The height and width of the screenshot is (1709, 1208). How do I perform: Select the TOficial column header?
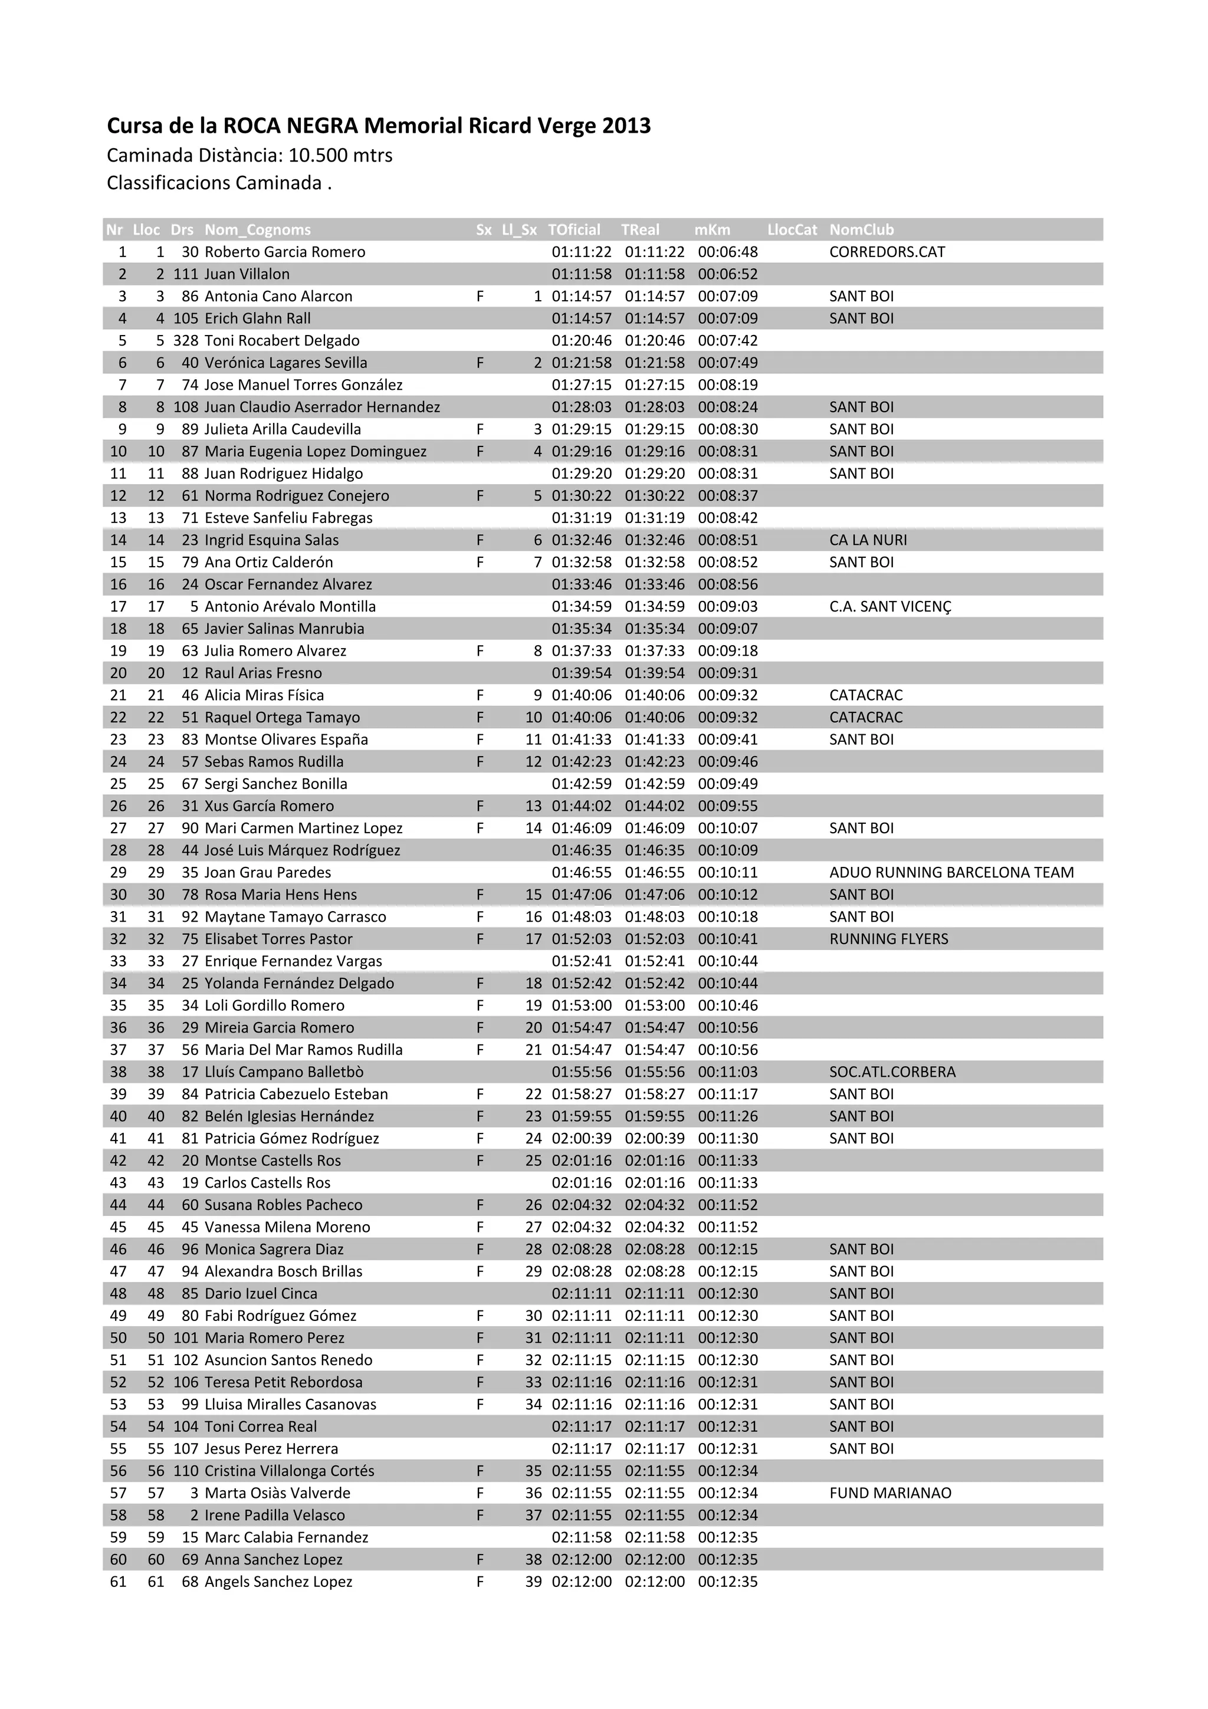pyautogui.click(x=574, y=229)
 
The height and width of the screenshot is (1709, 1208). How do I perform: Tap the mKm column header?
pyautogui.click(x=713, y=229)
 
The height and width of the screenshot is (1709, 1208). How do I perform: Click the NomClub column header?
pyautogui.click(x=861, y=229)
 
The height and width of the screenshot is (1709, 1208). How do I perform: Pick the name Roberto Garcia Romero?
pyautogui.click(x=284, y=252)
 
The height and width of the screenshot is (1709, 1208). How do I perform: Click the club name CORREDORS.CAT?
pyautogui.click(x=887, y=252)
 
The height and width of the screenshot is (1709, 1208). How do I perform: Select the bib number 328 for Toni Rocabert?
pyautogui.click(x=185, y=340)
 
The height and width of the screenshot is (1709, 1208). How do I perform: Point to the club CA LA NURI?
pyautogui.click(x=868, y=540)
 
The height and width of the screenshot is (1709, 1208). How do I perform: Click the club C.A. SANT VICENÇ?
pyautogui.click(x=890, y=607)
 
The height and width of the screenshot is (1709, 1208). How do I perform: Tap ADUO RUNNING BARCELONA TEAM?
pyautogui.click(x=951, y=872)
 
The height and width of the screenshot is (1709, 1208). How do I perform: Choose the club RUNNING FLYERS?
pyautogui.click(x=889, y=939)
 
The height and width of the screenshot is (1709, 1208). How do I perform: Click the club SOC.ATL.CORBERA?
pyautogui.click(x=892, y=1072)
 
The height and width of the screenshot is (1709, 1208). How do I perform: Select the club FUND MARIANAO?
pyautogui.click(x=890, y=1493)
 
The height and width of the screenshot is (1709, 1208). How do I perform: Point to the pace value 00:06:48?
pyautogui.click(x=727, y=252)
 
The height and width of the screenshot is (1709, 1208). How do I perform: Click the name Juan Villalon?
pyautogui.click(x=247, y=274)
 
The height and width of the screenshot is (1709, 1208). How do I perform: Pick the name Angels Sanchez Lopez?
pyautogui.click(x=278, y=1582)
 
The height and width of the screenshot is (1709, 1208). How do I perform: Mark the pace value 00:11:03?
pyautogui.click(x=727, y=1072)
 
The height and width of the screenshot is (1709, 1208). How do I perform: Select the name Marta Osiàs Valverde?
pyautogui.click(x=277, y=1493)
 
